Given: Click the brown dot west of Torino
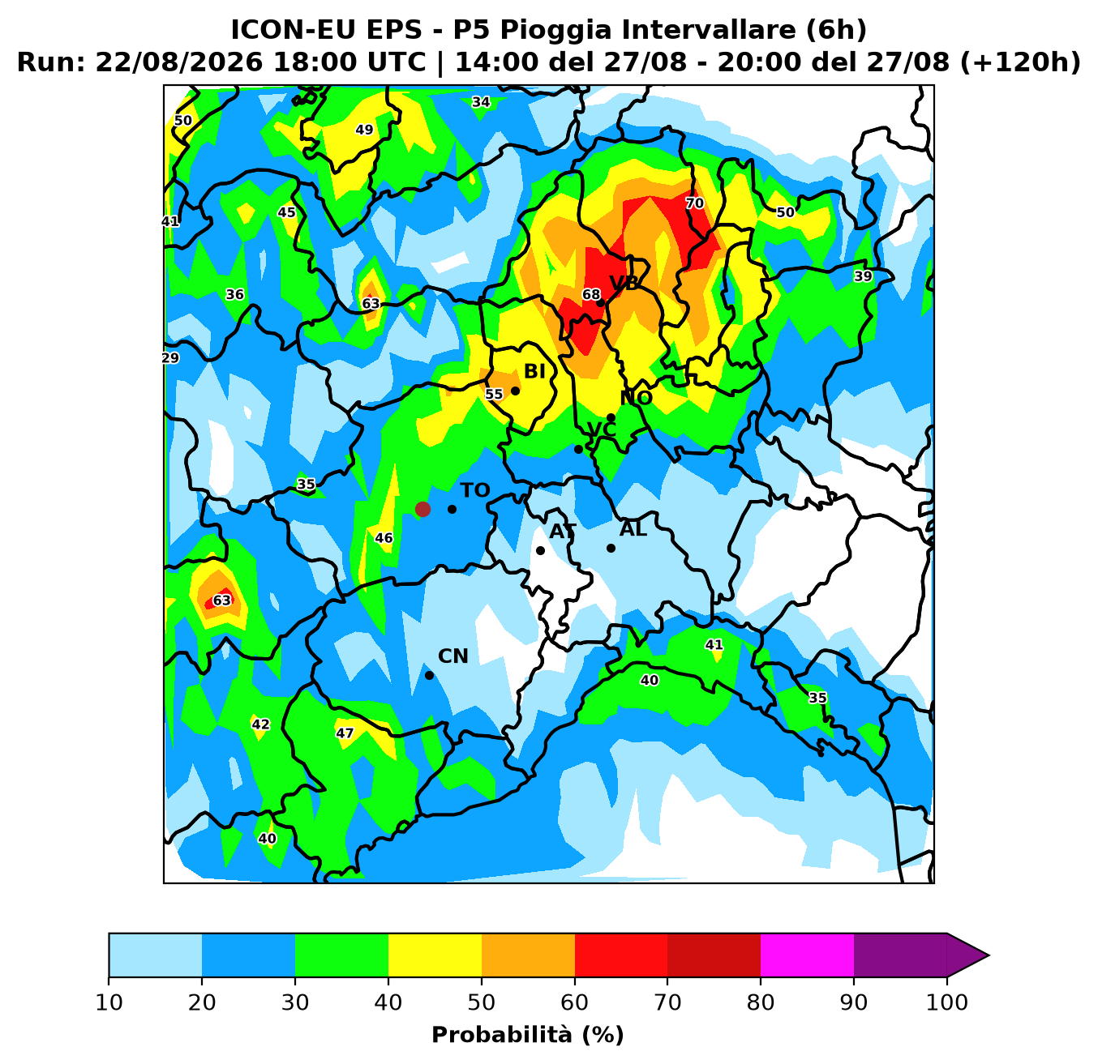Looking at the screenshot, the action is (x=422, y=509).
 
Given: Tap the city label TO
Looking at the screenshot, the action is (x=475, y=490).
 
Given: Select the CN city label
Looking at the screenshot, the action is (x=453, y=656).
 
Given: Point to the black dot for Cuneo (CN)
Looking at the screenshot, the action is (x=429, y=676).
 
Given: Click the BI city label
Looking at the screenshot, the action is (x=534, y=372).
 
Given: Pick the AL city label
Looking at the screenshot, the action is (x=633, y=529).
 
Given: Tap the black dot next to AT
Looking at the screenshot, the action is (x=540, y=550).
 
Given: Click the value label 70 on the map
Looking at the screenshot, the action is (x=695, y=203).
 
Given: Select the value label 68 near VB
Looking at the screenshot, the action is (x=591, y=294).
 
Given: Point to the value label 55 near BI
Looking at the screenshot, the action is (x=494, y=394).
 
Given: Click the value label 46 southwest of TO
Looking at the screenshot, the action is (x=384, y=538).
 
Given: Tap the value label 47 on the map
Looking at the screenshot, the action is (x=345, y=733).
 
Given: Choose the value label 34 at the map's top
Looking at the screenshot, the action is (x=481, y=102).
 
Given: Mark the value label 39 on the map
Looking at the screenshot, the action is (x=863, y=276).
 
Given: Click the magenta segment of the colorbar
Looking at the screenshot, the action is (x=807, y=955).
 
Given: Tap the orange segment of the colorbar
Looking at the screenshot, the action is (x=528, y=955).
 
